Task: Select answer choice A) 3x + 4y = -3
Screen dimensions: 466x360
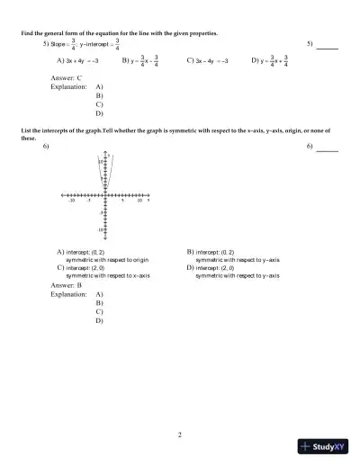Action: pyautogui.click(x=76, y=61)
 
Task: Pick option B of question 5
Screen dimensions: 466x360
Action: pyautogui.click(x=140, y=61)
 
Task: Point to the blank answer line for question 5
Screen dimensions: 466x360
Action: pyautogui.click(x=327, y=46)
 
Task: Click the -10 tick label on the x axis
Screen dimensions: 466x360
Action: pyautogui.click(x=71, y=201)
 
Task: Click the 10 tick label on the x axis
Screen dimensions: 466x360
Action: pyautogui.click(x=139, y=201)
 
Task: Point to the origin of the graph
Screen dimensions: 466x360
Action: pyautogui.click(x=106, y=194)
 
